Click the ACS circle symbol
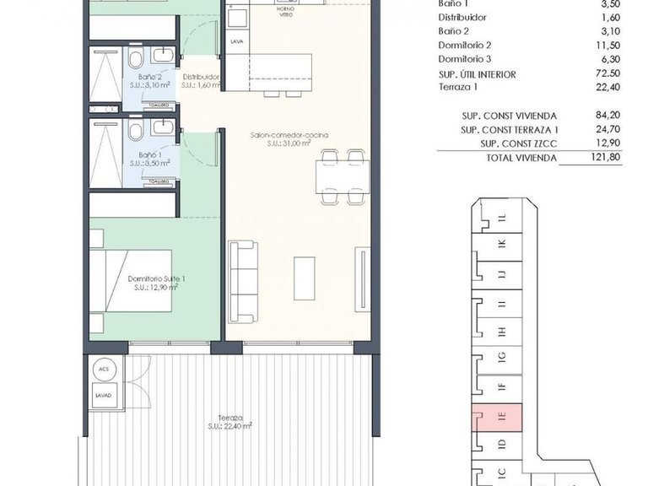103,369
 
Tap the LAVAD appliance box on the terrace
103,394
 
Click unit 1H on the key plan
501,331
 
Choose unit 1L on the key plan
501,218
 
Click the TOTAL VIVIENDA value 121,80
602,157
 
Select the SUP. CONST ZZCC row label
509,143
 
